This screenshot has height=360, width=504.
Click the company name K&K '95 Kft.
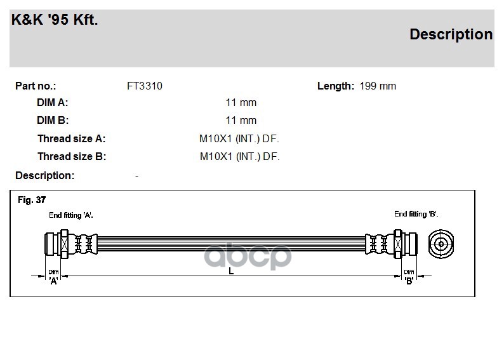pyautogui.click(x=55, y=20)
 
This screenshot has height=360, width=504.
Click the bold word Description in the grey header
pyautogui.click(x=451, y=35)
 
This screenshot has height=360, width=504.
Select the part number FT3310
pyautogui.click(x=145, y=86)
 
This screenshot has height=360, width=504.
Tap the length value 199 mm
pyautogui.click(x=378, y=86)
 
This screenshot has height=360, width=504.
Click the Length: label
pyautogui.click(x=336, y=86)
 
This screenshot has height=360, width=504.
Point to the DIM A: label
pyautogui.click(x=53, y=102)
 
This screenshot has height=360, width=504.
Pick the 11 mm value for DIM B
pyautogui.click(x=241, y=120)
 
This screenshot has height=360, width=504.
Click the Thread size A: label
pyautogui.click(x=71, y=138)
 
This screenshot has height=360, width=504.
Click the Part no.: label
pyautogui.click(x=36, y=86)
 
